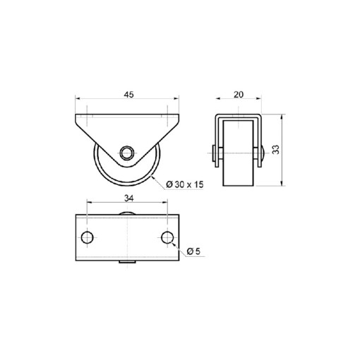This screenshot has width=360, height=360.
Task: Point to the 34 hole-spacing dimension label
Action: [128, 199]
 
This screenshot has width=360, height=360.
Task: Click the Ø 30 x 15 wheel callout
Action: [185, 184]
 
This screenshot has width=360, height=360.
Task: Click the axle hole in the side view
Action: [127, 153]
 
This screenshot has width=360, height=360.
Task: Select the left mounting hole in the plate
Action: [87, 236]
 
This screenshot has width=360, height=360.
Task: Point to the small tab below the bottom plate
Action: [128, 264]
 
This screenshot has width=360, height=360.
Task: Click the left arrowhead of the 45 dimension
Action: [76, 100]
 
